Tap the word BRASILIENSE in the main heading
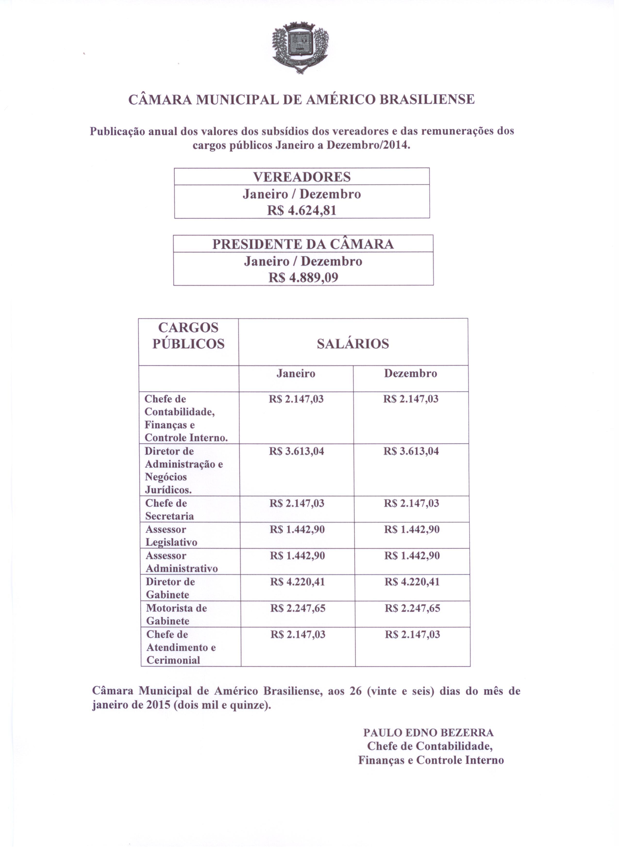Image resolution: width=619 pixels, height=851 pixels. [427, 99]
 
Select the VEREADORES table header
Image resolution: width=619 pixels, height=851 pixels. [302, 177]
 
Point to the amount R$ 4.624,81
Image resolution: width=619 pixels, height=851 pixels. [302, 210]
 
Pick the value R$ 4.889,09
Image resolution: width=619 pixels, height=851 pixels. [303, 278]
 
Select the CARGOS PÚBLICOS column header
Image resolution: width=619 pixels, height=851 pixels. [188, 336]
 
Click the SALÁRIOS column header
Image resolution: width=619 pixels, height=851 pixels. [353, 344]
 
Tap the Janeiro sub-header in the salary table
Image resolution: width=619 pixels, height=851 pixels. [296, 374]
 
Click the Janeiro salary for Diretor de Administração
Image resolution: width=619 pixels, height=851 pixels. [296, 451]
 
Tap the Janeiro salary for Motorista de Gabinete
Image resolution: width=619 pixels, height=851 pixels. [298, 608]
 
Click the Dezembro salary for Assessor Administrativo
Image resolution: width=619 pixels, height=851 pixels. [412, 556]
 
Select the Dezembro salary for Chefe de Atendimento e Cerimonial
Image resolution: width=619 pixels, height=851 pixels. [412, 635]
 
